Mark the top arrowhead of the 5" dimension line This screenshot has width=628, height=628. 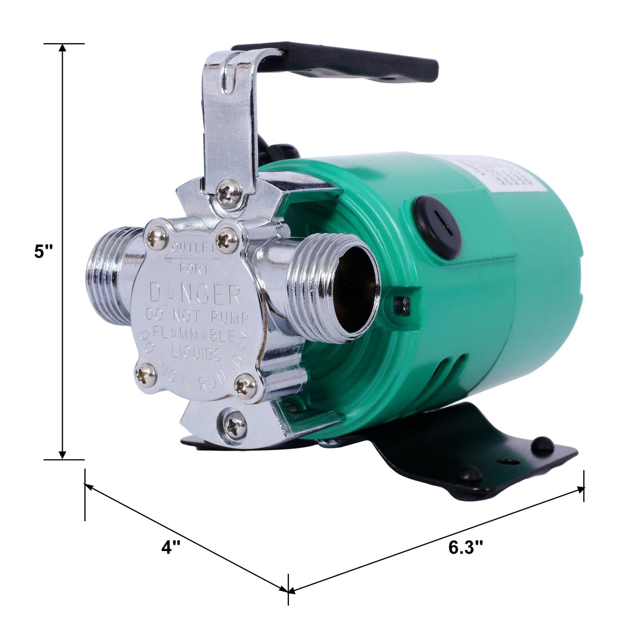63,49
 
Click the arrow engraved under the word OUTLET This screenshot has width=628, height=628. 191,258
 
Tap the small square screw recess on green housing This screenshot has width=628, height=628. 401,305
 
